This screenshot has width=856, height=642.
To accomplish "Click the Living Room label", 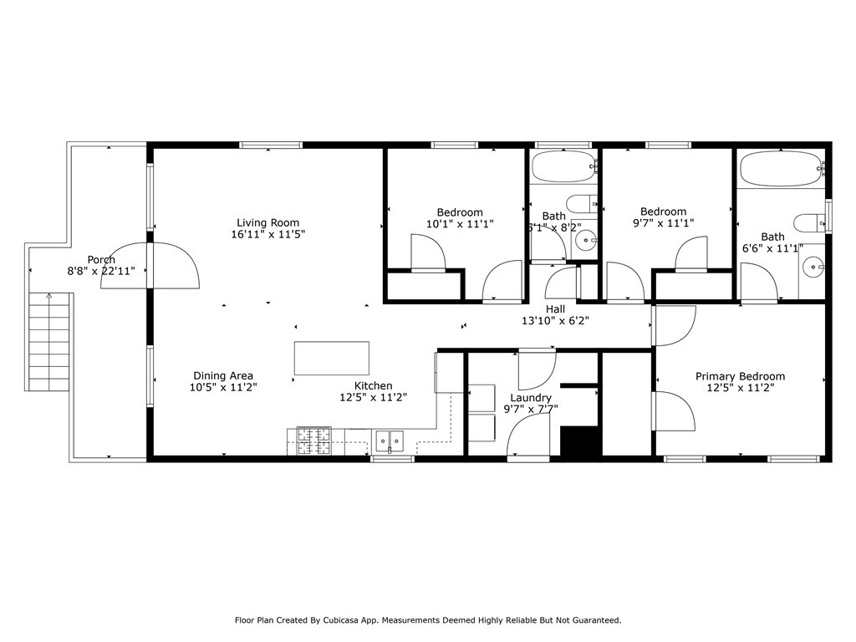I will pyautogui.click(x=267, y=222).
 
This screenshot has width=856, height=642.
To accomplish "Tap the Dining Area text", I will pyautogui.click(x=223, y=376).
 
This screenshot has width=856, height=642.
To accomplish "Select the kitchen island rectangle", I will pyautogui.click(x=332, y=358).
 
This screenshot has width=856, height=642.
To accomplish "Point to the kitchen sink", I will pyautogui.click(x=389, y=438).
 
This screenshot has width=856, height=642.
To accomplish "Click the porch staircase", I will pyautogui.click(x=49, y=344).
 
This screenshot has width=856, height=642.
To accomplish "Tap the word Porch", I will pyautogui.click(x=101, y=260).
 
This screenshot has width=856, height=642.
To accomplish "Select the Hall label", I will pyautogui.click(x=556, y=309).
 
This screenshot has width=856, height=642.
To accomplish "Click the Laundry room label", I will pyautogui.click(x=531, y=398).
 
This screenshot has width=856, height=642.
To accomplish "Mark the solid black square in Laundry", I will pyautogui.click(x=580, y=441).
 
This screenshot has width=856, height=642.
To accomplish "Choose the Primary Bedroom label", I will pyautogui.click(x=740, y=377).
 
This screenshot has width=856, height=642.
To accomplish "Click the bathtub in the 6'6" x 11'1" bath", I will pyautogui.click(x=781, y=169).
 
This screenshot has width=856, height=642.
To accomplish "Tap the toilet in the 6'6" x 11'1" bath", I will pyautogui.click(x=808, y=222).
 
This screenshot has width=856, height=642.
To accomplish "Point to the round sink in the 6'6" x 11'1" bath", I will pyautogui.click(x=813, y=267).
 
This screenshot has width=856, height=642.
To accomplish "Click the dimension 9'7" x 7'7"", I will pyautogui.click(x=531, y=410).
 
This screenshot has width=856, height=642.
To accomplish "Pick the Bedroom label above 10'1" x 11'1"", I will pyautogui.click(x=460, y=213).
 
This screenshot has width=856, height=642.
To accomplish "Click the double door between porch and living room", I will pyautogui.click(x=150, y=266).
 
